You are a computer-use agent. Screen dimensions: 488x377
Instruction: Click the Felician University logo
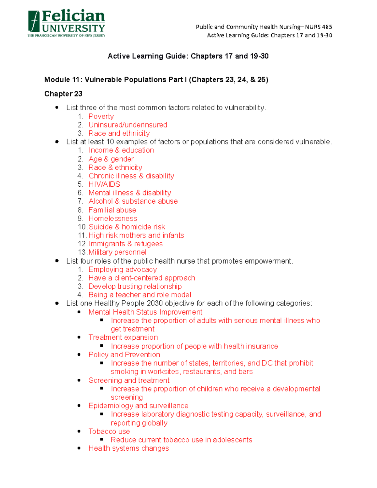click(66, 24)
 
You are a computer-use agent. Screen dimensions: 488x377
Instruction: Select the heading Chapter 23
click(63, 94)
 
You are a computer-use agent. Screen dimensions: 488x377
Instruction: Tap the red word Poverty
click(101, 116)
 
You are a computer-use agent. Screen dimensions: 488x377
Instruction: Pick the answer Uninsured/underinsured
click(128, 125)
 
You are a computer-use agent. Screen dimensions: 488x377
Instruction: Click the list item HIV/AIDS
click(104, 184)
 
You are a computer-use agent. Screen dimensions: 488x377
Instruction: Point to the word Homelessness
click(112, 218)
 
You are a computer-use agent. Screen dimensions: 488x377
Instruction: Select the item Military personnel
click(117, 252)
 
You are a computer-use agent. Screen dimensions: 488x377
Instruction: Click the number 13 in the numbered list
click(82, 252)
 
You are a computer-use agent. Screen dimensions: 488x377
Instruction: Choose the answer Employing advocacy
click(123, 270)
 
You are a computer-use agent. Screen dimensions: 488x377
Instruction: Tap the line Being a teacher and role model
click(139, 295)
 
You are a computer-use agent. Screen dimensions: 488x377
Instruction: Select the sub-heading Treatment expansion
click(123, 337)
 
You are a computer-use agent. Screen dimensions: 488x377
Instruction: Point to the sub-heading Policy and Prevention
click(124, 355)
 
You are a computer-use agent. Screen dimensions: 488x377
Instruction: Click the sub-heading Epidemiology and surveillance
click(138, 406)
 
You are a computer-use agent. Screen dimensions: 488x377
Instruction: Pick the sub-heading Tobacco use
click(109, 431)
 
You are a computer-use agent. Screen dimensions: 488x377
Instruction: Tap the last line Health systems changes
click(128, 448)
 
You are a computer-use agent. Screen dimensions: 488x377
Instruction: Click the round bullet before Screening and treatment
click(79, 380)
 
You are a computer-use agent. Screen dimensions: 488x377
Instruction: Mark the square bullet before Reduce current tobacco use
click(101, 440)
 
